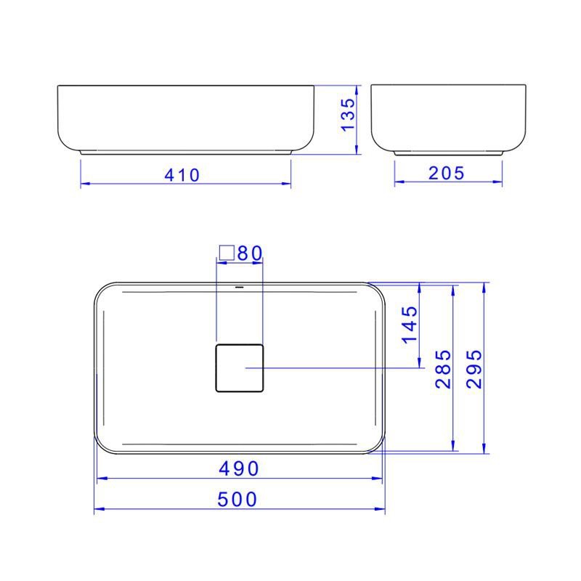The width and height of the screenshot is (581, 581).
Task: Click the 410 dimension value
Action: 182,175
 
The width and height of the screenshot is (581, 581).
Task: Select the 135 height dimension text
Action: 349,114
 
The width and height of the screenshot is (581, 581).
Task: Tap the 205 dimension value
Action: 447,173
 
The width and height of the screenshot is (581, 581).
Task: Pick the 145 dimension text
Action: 410,324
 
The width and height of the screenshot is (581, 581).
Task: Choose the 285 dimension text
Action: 444,368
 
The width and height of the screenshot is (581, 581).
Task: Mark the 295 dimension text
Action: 474,368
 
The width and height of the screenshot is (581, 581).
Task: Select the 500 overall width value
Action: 238,500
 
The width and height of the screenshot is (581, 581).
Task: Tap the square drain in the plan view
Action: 239,368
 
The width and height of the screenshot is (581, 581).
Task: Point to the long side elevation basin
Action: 186,118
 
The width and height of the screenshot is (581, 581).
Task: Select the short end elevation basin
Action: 448,118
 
